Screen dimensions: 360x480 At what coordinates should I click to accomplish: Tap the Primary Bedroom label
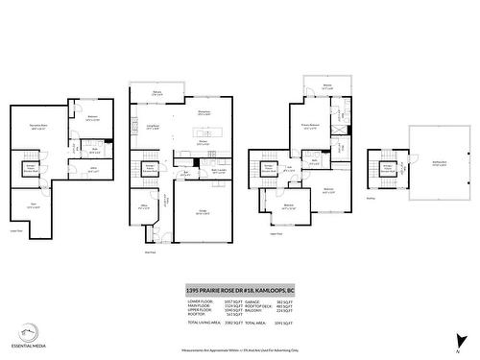click(310, 124)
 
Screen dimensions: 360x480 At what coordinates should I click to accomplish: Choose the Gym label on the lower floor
click(32, 204)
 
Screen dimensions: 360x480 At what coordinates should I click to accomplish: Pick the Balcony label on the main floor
click(156, 93)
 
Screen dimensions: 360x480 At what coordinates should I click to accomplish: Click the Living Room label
click(152, 126)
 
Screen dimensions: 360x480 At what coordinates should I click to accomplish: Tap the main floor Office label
click(143, 205)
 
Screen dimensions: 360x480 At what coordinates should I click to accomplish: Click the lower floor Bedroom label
click(92, 118)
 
